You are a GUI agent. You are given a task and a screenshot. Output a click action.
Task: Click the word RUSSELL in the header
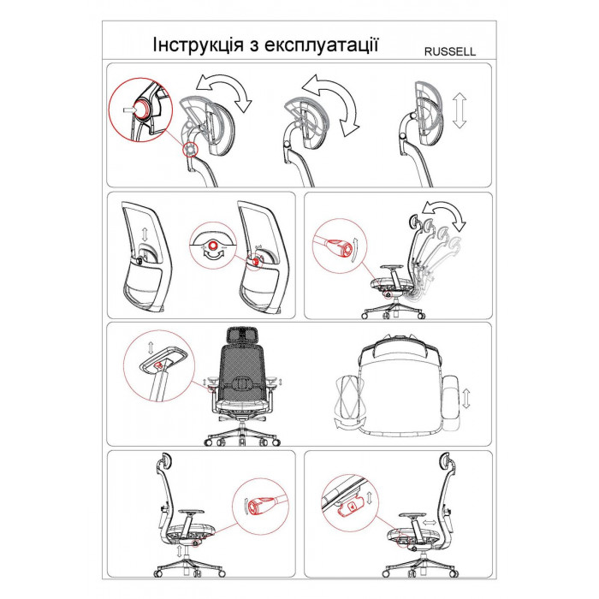(x=450, y=51)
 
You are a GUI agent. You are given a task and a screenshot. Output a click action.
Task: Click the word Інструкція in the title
(x=198, y=44)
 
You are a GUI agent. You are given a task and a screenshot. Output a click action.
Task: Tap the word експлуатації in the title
(x=321, y=45)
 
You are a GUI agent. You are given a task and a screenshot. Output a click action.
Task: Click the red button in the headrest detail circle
(x=143, y=109)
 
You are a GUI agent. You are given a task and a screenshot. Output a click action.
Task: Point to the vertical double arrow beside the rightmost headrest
(x=460, y=110)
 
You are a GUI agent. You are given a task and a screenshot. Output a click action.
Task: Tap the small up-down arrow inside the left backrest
(x=145, y=233)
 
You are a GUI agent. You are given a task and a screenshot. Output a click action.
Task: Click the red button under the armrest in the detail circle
(x=157, y=365)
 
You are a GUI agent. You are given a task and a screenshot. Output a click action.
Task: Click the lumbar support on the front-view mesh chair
(x=241, y=383)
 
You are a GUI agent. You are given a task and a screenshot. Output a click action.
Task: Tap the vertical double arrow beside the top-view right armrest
(x=466, y=399)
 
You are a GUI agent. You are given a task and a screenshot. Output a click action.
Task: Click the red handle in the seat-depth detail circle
(x=349, y=507)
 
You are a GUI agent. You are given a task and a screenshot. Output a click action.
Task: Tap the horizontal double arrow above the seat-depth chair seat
(x=430, y=522)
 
